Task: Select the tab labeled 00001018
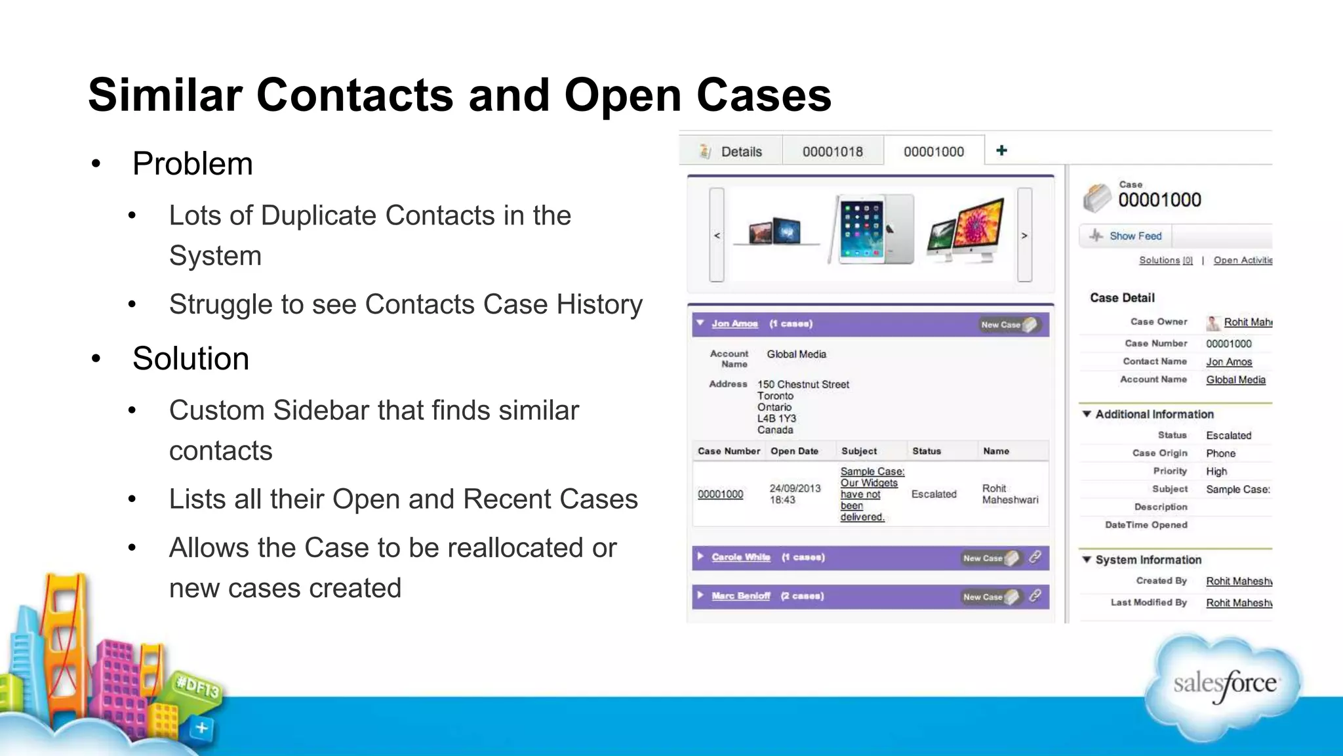(x=832, y=152)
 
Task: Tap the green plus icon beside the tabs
(x=1001, y=150)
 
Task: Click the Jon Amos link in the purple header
(x=734, y=324)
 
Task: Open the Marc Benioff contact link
(x=740, y=596)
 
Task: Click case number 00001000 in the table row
(x=720, y=494)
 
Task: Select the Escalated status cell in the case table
(x=933, y=494)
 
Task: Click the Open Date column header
(x=794, y=451)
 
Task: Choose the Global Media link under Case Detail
(x=1235, y=379)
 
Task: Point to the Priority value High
(x=1216, y=471)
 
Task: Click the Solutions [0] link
(x=1165, y=260)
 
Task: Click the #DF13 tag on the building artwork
(x=197, y=688)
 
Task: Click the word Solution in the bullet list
(x=191, y=358)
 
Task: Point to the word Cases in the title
(x=763, y=95)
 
